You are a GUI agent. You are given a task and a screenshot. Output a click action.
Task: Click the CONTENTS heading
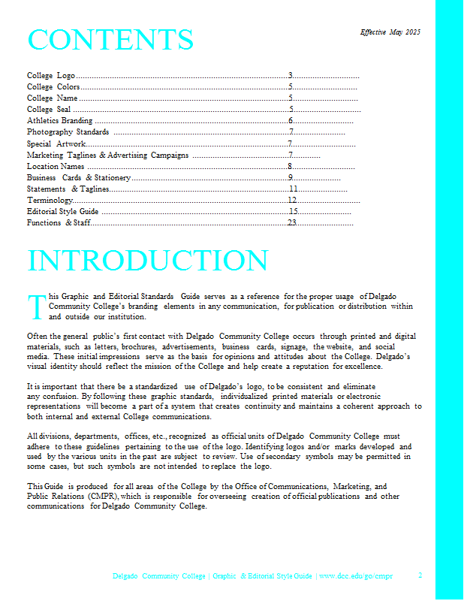pyautogui.click(x=110, y=40)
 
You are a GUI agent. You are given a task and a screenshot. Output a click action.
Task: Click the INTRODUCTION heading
pyautogui.click(x=147, y=261)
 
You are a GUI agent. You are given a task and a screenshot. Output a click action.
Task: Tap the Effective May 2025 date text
pyautogui.click(x=390, y=32)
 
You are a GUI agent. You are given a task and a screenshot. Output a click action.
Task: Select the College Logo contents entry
pyautogui.click(x=51, y=76)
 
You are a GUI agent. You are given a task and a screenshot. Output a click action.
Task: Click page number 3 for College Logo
pyautogui.click(x=290, y=76)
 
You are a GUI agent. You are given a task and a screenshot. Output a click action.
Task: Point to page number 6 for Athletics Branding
pyautogui.click(x=290, y=120)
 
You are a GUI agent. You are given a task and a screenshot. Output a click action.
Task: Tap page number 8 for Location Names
pyautogui.click(x=290, y=166)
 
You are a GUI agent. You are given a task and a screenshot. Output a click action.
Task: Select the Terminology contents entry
pyautogui.click(x=50, y=201)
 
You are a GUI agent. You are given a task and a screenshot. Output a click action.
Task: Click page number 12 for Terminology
pyautogui.click(x=292, y=201)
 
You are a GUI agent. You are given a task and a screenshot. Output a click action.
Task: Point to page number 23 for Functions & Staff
pyautogui.click(x=292, y=223)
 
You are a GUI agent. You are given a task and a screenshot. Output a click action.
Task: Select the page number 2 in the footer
pyautogui.click(x=420, y=575)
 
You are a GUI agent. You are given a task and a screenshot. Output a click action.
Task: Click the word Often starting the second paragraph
pyautogui.click(x=36, y=337)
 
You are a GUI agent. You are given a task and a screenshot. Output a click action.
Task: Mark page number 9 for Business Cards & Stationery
pyautogui.click(x=290, y=177)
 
